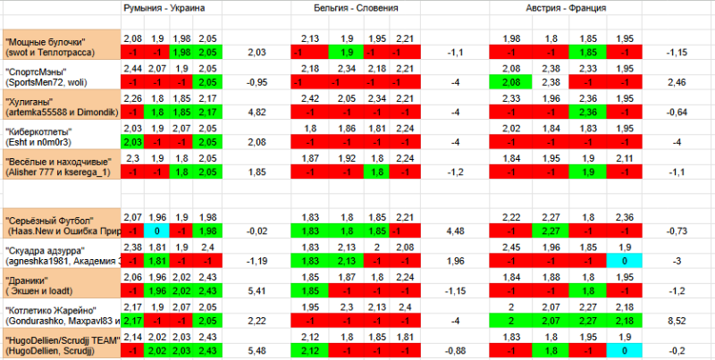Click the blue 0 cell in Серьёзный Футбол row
tap(156, 230)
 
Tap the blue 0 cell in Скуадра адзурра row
tap(627, 260)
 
